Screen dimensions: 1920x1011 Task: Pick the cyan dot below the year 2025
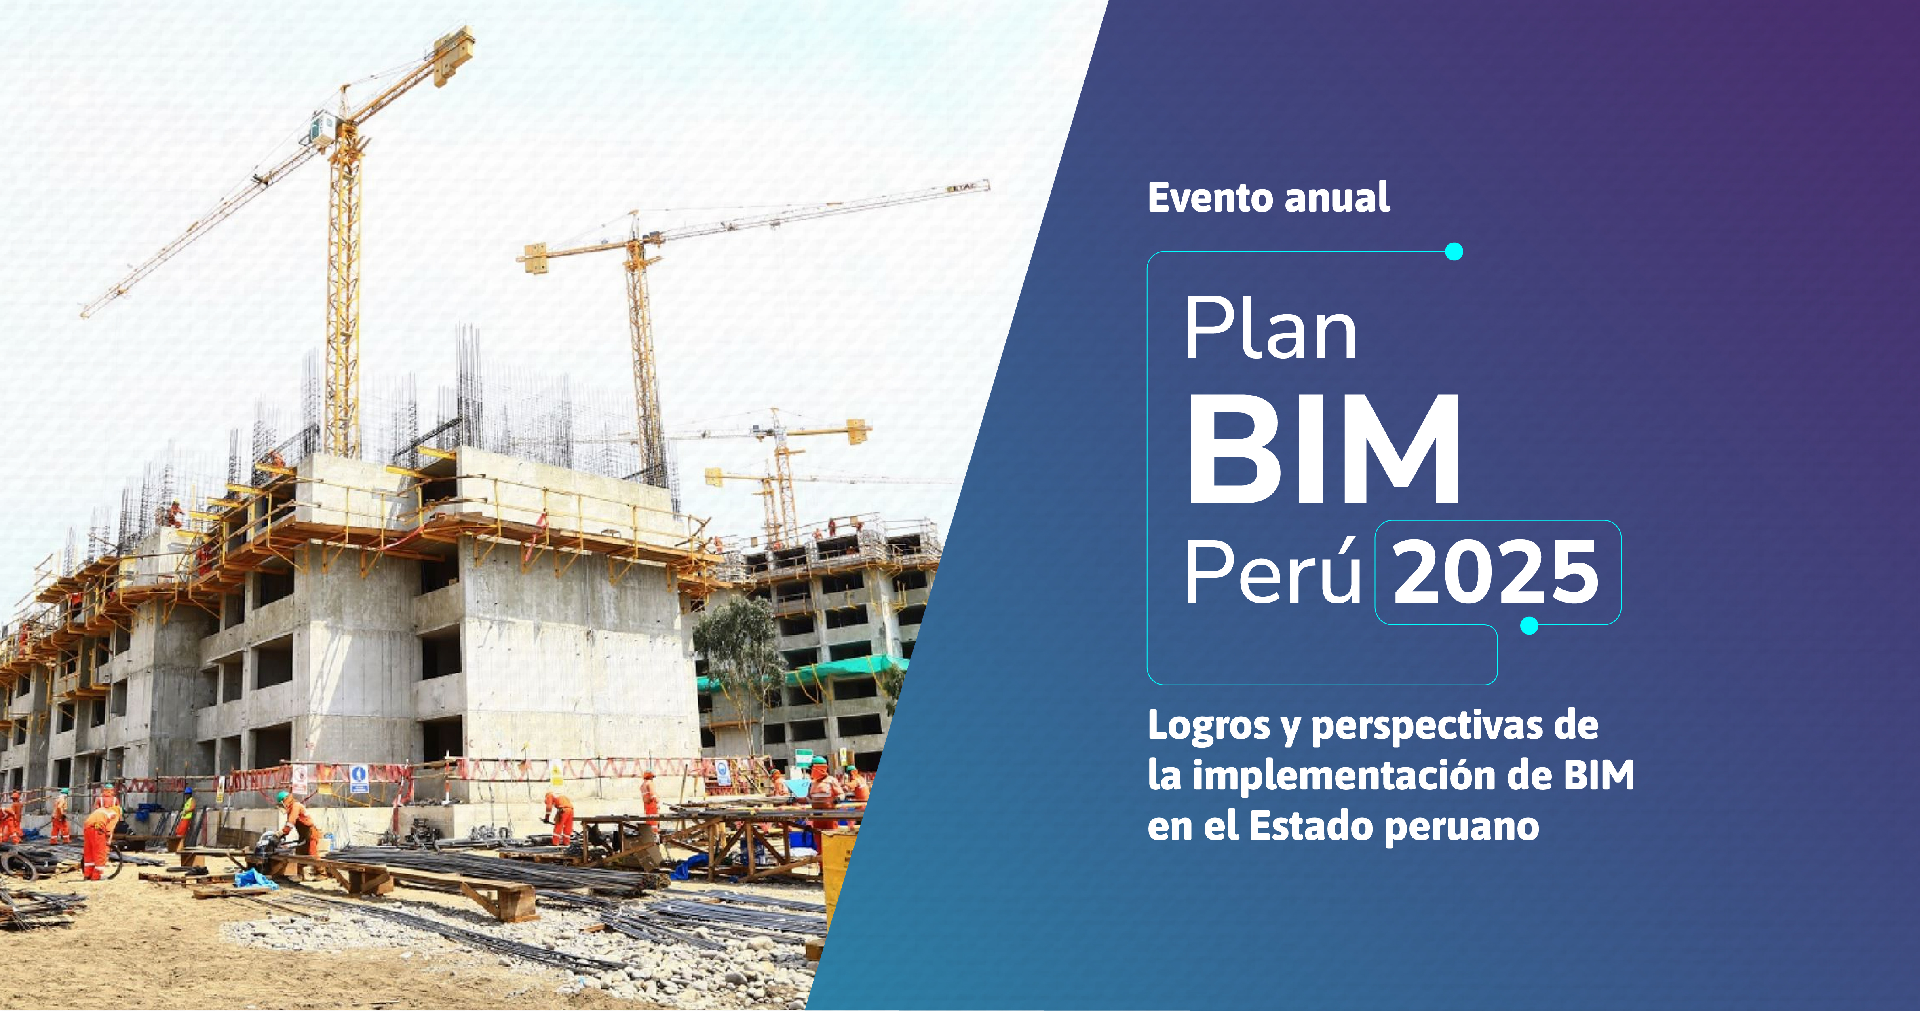1529,626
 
